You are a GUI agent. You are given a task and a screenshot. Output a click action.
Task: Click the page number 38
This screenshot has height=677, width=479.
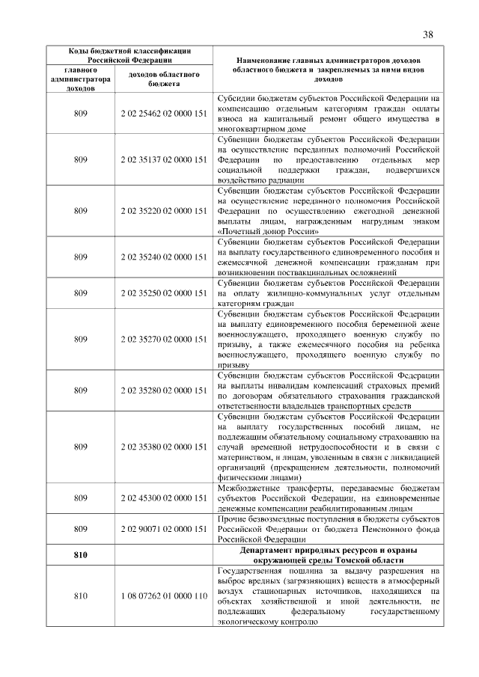428,34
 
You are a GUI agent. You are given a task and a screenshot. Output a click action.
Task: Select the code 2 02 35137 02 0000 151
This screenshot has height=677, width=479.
163,159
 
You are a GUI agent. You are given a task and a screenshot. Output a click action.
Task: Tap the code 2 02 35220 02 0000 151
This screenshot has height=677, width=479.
163,210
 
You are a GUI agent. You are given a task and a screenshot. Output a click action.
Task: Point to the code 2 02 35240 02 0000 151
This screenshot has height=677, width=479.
163,257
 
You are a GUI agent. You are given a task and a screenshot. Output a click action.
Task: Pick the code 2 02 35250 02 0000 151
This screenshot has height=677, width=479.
163,293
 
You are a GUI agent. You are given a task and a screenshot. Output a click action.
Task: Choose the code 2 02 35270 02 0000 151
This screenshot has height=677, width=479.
163,339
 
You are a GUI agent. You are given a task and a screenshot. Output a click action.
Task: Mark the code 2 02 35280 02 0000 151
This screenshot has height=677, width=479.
163,390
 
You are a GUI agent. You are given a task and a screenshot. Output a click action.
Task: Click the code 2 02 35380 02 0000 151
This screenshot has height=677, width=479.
163,447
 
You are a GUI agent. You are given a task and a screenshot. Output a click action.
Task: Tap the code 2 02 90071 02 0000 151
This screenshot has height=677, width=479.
163,528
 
